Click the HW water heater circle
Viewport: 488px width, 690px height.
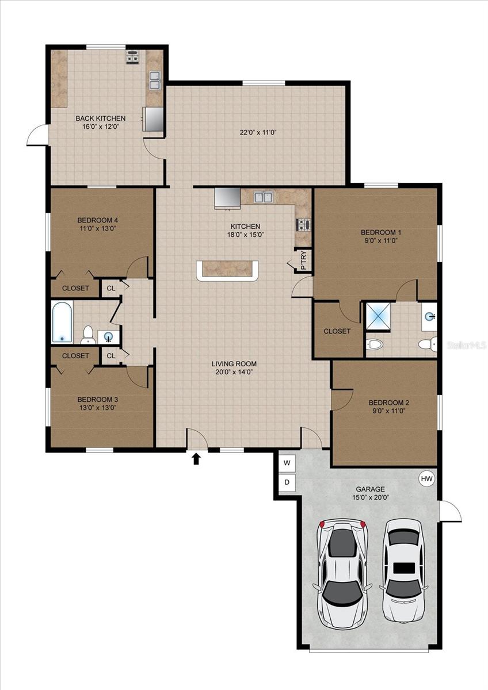[426, 478]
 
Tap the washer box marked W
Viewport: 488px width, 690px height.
[287, 462]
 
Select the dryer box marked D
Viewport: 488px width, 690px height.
[287, 482]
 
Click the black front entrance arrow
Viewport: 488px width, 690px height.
[196, 458]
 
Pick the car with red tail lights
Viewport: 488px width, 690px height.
[343, 572]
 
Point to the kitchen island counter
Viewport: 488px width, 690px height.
[227, 270]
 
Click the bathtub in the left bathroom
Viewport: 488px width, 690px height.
[62, 322]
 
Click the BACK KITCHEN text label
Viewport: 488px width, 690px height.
[100, 118]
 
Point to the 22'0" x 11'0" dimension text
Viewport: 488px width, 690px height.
[258, 132]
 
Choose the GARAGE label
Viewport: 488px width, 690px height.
[370, 489]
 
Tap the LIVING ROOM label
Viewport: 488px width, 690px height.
[234, 363]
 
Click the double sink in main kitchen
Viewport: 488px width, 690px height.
[264, 197]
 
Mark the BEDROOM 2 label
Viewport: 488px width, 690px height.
[388, 402]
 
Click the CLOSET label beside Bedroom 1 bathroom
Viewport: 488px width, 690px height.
[337, 331]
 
